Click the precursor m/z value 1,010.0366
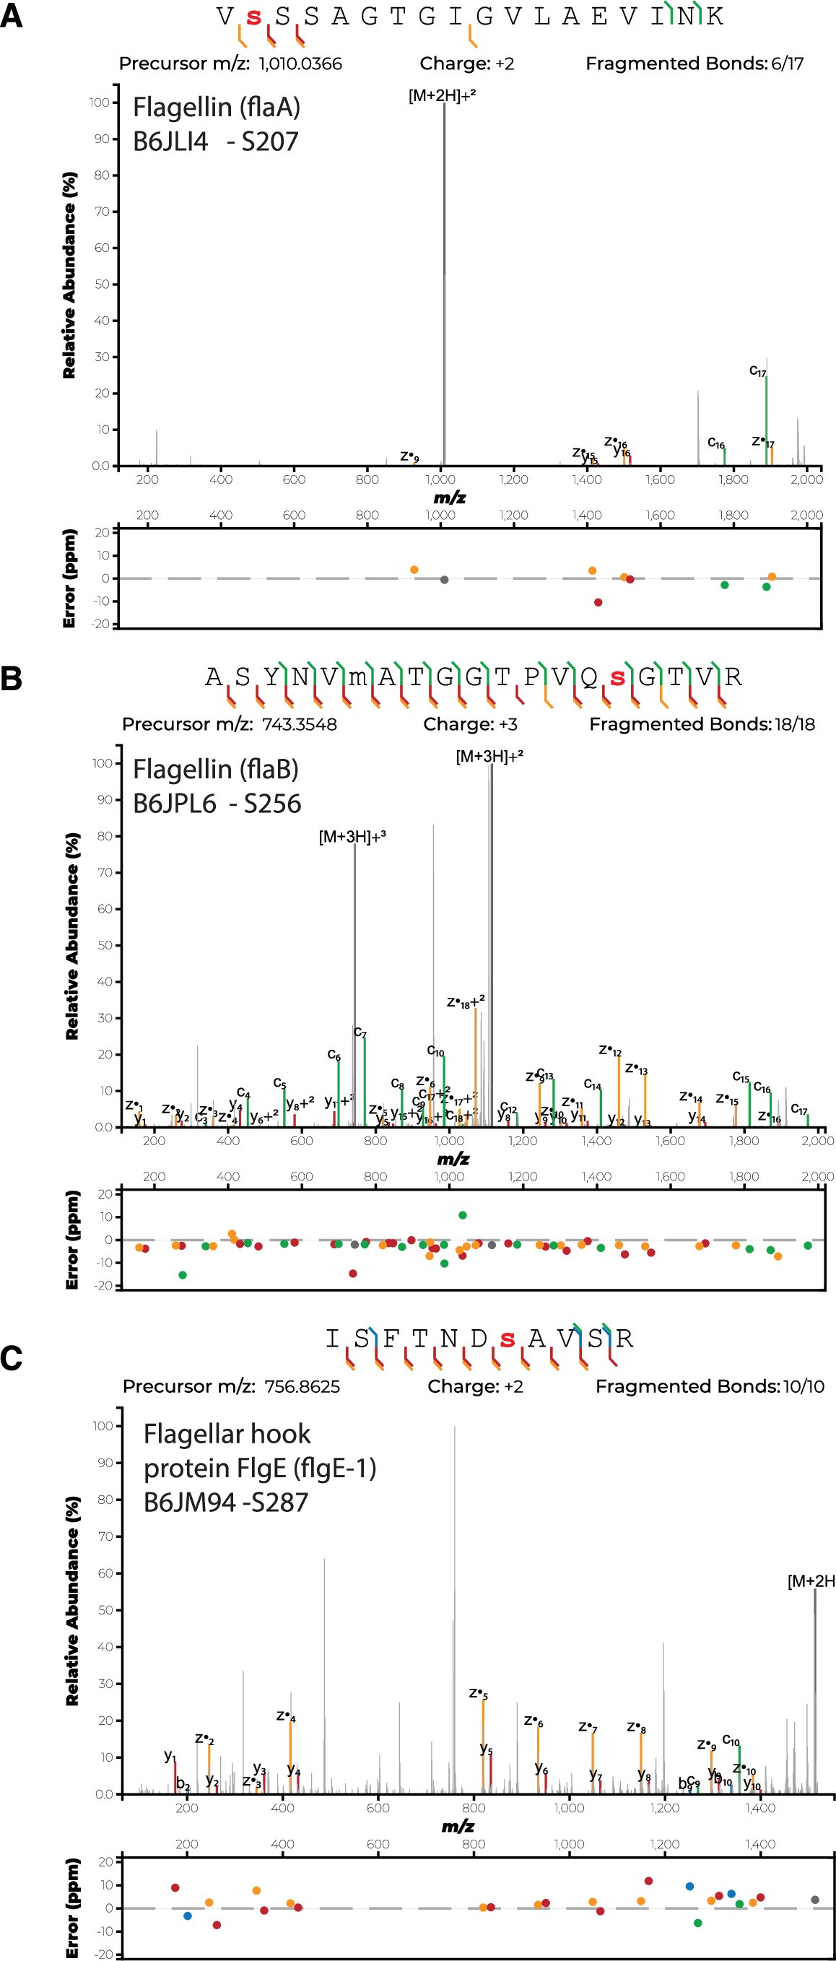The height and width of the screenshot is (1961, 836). pos(300,64)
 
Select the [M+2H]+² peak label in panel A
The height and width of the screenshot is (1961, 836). pos(442,96)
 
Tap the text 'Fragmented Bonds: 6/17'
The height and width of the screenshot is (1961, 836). pos(694,64)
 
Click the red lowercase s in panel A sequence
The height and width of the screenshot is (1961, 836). pos(253,17)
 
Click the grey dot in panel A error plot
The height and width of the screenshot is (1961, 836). pos(445,580)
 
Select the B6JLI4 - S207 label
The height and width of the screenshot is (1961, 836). pos(215,142)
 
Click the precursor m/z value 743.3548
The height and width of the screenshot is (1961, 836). pos(299,725)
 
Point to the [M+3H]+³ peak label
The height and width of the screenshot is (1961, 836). pos(352,838)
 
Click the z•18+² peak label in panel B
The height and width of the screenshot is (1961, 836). pos(465,1002)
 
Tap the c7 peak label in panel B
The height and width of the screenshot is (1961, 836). pos(360,1033)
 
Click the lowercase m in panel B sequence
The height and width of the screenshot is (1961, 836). pos(357,677)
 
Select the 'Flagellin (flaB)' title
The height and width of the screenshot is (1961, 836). pos(215,769)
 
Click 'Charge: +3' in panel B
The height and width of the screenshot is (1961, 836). pos(470,725)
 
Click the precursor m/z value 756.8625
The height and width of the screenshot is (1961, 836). pos(302,1386)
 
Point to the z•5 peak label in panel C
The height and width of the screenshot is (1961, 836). pos(478,1693)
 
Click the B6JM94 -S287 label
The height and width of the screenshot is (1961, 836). pos(225,1502)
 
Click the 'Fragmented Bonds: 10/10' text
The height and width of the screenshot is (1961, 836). pos(710,1386)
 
